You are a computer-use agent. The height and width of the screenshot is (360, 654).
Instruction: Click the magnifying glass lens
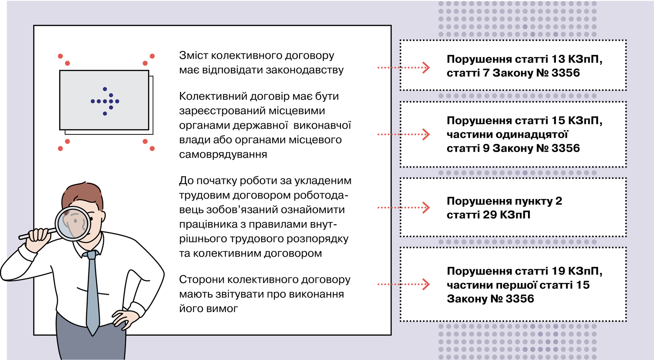pyautogui.click(x=73, y=224)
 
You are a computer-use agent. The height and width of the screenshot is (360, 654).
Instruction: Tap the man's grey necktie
pyautogui.click(x=92, y=292)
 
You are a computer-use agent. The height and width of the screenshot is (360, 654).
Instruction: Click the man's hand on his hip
pyautogui.click(x=123, y=320)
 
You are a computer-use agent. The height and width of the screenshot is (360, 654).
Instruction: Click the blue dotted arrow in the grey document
pyautogui.click(x=105, y=101)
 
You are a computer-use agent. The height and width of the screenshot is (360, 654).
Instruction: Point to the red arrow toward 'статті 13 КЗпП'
pyautogui.click(x=403, y=68)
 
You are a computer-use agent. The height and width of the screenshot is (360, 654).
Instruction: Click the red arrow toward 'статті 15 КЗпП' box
pyautogui.click(x=403, y=134)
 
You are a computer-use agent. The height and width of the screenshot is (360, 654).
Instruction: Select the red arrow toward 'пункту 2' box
pyautogui.click(x=403, y=208)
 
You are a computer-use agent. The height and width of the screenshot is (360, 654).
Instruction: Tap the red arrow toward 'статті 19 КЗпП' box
pyautogui.click(x=403, y=284)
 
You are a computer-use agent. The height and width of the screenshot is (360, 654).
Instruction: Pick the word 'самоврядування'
pyautogui.click(x=223, y=154)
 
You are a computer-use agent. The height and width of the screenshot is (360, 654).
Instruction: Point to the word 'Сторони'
pyautogui.click(x=201, y=280)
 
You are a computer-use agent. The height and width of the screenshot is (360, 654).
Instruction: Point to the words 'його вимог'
pyautogui.click(x=208, y=309)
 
